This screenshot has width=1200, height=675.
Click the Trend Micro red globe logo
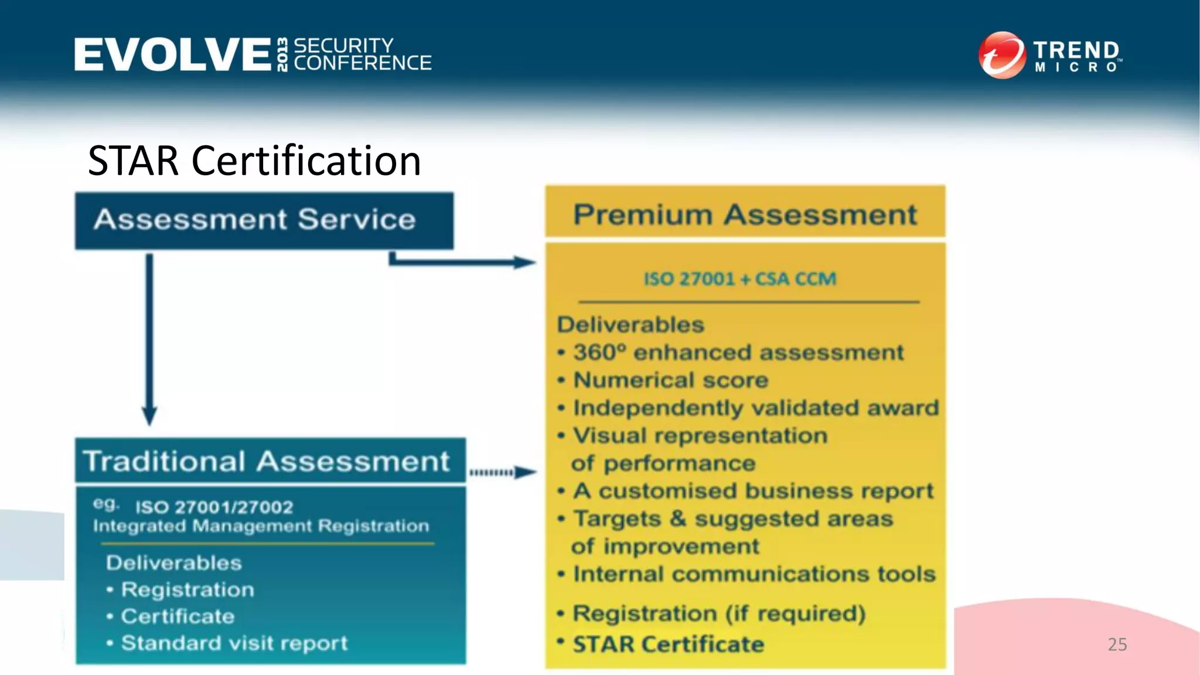1001,55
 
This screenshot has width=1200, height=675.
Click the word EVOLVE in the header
172,54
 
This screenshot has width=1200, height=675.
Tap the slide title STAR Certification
254,161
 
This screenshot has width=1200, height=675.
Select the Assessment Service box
264,220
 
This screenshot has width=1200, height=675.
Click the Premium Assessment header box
745,214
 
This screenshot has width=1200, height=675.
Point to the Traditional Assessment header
267,461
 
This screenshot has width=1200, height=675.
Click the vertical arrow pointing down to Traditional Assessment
150,340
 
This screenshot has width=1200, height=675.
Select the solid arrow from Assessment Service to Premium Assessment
463,261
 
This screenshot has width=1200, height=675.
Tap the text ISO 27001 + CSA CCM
739,279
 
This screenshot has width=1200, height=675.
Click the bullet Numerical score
670,380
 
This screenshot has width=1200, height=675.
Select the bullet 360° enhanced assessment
738,353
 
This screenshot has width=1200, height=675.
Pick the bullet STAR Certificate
668,645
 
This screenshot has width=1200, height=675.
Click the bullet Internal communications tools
754,574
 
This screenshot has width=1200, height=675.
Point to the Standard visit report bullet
234,643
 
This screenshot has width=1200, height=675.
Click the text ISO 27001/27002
214,507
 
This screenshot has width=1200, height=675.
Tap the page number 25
1117,645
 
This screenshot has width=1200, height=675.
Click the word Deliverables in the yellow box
630,325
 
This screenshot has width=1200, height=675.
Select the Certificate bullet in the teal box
178,616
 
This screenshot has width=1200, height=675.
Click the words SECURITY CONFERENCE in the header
362,54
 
